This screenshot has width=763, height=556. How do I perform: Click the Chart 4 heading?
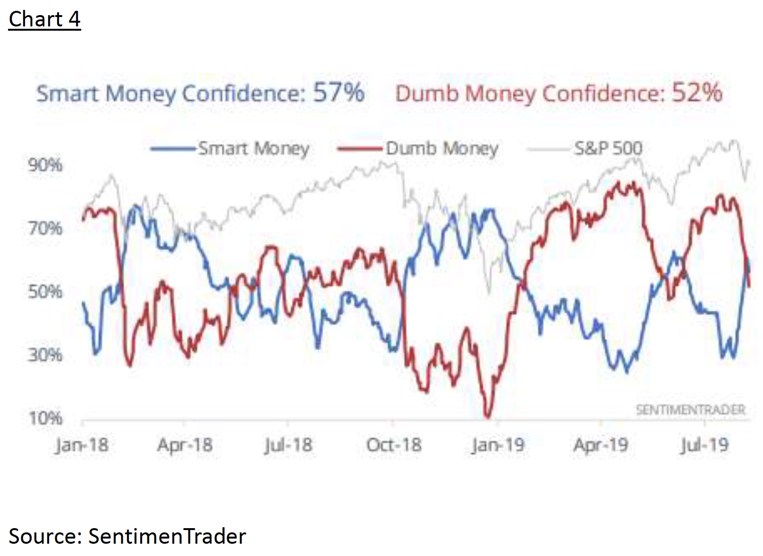click(x=44, y=19)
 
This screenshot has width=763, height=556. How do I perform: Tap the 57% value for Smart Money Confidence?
click(x=339, y=93)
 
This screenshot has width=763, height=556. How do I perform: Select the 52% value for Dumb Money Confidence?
click(x=697, y=93)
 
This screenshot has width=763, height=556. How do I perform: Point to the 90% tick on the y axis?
click(x=45, y=165)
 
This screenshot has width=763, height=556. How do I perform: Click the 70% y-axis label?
click(x=45, y=228)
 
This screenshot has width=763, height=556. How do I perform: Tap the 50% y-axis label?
click(x=45, y=292)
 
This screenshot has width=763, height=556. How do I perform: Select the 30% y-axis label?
click(x=45, y=354)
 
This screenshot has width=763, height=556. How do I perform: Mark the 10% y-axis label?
click(x=45, y=418)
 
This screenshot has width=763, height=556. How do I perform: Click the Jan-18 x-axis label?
click(x=81, y=445)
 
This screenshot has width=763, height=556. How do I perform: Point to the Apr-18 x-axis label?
click(x=185, y=445)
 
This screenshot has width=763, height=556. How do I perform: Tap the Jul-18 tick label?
click(x=288, y=445)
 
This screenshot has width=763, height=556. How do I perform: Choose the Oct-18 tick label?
click(x=394, y=445)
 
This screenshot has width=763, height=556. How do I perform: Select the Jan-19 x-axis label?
click(x=498, y=445)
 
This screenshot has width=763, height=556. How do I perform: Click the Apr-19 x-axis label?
click(x=601, y=445)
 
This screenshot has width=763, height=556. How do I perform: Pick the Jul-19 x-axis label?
click(x=704, y=445)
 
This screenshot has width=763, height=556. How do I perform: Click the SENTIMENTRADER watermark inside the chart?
click(x=690, y=410)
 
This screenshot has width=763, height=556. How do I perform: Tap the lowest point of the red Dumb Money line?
click(x=488, y=417)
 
